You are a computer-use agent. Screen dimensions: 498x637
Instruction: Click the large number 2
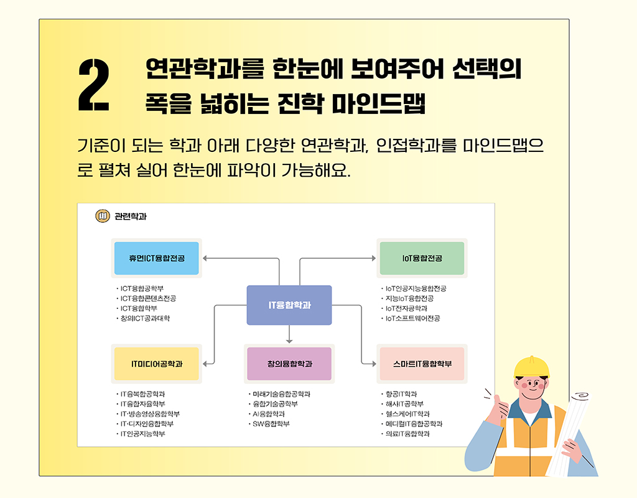pyautogui.click(x=94, y=86)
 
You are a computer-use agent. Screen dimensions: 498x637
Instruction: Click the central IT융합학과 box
pyautogui.click(x=289, y=305)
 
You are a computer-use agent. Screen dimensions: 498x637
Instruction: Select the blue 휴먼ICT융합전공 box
pyautogui.click(x=157, y=258)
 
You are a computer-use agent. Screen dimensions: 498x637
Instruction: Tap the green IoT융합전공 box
pyautogui.click(x=422, y=258)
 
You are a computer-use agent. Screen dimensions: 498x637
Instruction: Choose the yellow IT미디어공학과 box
pyautogui.click(x=157, y=364)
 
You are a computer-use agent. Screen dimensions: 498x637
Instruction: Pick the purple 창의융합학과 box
pyautogui.click(x=289, y=364)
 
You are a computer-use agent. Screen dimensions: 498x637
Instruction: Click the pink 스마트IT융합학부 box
pyautogui.click(x=422, y=364)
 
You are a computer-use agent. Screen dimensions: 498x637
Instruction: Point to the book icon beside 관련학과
pyautogui.click(x=102, y=216)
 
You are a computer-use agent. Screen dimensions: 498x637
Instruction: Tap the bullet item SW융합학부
pyautogui.click(x=271, y=424)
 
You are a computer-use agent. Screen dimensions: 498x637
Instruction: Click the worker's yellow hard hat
pyautogui.click(x=532, y=368)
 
